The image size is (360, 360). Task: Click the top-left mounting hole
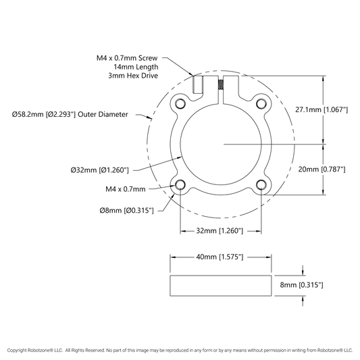(x=180, y=104)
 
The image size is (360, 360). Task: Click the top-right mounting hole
(x=261, y=104)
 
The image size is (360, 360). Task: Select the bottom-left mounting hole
(x=180, y=184)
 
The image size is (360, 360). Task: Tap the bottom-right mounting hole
(x=261, y=184)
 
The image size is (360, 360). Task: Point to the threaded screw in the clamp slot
(x=221, y=84)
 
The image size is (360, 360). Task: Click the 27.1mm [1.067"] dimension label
(x=322, y=109)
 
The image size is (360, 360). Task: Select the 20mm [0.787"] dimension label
(x=322, y=170)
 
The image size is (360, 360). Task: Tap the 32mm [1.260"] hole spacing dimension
(x=220, y=230)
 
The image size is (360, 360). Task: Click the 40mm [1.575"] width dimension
(x=220, y=257)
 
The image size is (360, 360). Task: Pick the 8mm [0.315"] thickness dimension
(x=301, y=285)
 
